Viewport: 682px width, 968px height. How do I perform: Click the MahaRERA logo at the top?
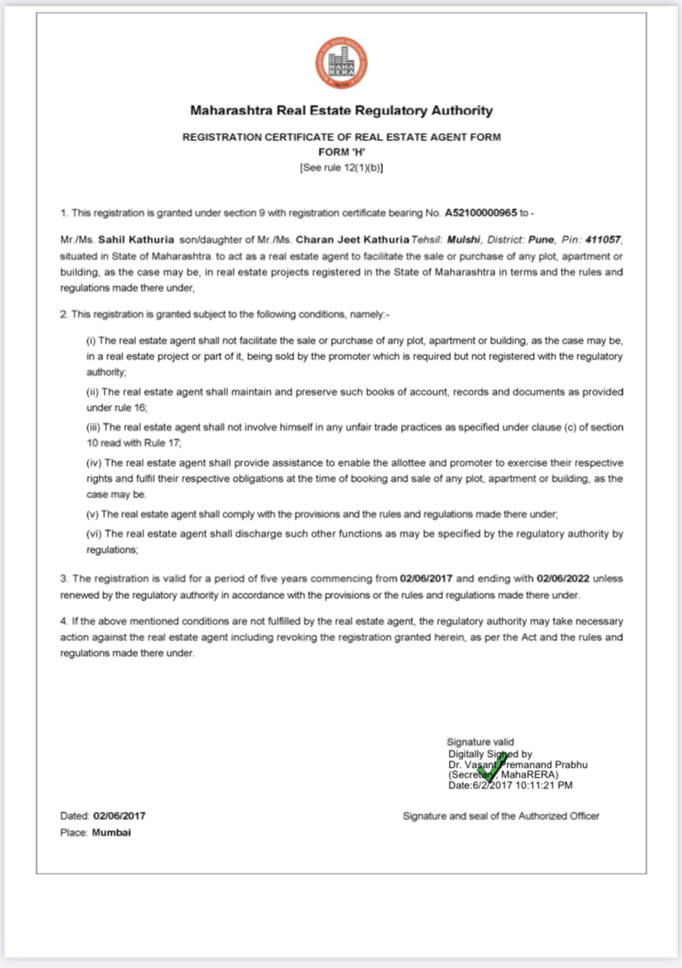point(340,63)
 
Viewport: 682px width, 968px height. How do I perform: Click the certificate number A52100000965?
point(481,213)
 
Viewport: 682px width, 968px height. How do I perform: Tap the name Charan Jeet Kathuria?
point(352,240)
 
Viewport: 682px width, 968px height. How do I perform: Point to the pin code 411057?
point(601,240)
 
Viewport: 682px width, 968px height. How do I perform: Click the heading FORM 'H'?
point(341,152)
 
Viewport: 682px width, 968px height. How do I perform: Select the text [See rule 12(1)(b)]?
point(341,167)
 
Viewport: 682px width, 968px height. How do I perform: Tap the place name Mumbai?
point(111,832)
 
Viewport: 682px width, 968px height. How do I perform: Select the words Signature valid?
point(480,742)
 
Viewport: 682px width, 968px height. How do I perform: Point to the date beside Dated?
point(119,816)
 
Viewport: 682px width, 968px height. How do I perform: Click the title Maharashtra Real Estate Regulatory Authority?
point(341,110)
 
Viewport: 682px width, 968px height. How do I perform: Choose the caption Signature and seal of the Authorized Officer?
point(501,816)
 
